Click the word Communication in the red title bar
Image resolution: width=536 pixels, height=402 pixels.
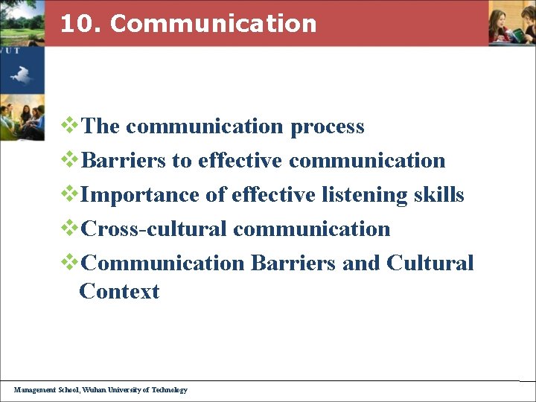point(213,24)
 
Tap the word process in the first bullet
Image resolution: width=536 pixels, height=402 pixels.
point(327,127)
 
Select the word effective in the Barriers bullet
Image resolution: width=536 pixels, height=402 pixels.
point(240,161)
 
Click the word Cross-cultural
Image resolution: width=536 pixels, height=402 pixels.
point(153,229)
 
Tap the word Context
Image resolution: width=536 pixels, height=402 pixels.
point(119,291)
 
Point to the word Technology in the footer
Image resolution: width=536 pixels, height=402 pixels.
point(169,389)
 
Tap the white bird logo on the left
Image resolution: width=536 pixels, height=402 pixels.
point(20,73)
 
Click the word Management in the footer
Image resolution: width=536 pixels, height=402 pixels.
point(33,389)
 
